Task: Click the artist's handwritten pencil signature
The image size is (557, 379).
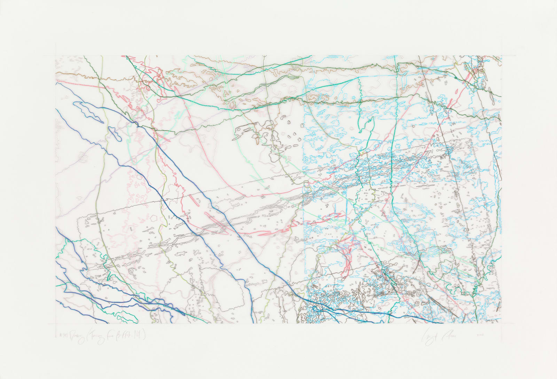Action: point(439,337)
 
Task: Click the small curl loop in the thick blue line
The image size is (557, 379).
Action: point(318,308)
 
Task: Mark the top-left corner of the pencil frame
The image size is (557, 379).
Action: point(55,56)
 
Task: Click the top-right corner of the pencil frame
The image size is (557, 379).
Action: point(502,56)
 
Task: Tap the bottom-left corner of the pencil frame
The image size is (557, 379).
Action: point(55,323)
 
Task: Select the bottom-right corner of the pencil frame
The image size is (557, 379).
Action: point(502,323)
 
